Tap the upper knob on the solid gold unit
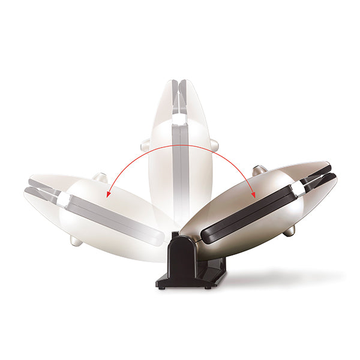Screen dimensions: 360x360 coord(259,170)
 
